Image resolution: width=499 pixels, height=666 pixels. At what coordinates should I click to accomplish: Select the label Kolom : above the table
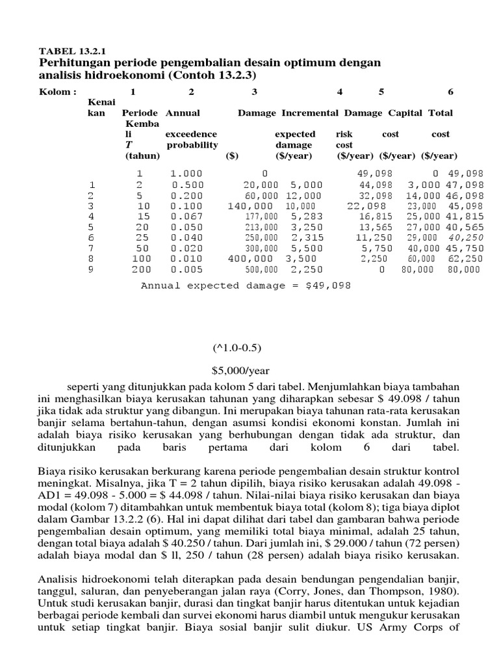[x=58, y=91]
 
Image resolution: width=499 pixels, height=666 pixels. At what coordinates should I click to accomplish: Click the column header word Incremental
[x=309, y=113]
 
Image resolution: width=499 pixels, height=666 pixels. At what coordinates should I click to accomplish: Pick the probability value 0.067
[x=186, y=216]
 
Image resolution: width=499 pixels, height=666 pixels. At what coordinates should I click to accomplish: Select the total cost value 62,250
[x=466, y=259]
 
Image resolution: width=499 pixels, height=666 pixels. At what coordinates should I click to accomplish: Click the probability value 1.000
[x=186, y=174]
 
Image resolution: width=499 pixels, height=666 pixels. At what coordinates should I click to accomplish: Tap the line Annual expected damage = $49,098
[x=246, y=285]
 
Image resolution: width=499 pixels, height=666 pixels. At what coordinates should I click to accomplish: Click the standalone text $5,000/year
[x=240, y=371]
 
